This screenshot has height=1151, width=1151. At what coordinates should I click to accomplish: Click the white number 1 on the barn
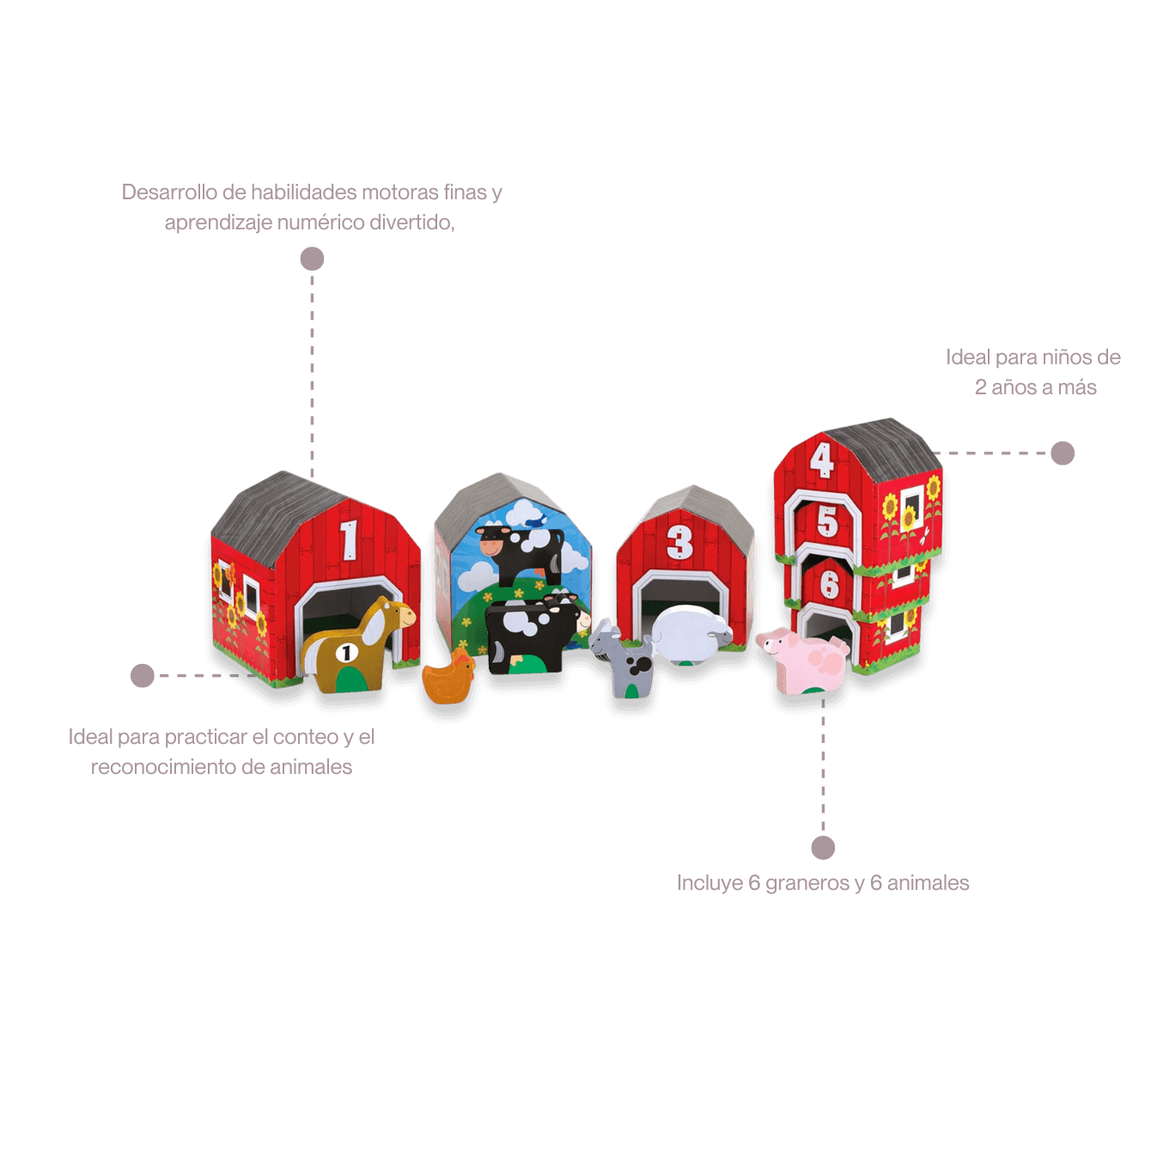[x=348, y=540]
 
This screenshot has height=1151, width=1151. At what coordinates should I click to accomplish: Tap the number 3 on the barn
[x=679, y=542]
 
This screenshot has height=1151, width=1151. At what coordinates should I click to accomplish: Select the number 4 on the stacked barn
[x=821, y=460]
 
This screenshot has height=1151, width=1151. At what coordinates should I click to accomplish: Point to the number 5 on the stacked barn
[x=827, y=521]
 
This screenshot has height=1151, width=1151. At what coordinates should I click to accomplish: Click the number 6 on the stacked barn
[x=829, y=583]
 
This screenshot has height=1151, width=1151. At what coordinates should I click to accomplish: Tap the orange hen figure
[x=448, y=677]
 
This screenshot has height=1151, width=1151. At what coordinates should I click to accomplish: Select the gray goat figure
[x=621, y=658]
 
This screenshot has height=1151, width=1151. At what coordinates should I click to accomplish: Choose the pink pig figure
[x=802, y=661]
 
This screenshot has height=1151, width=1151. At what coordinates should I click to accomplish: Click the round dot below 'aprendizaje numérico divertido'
[x=312, y=259]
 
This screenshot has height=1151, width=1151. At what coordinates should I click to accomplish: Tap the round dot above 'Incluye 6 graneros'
[x=823, y=848]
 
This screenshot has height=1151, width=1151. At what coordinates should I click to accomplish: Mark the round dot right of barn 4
[x=1063, y=454]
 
